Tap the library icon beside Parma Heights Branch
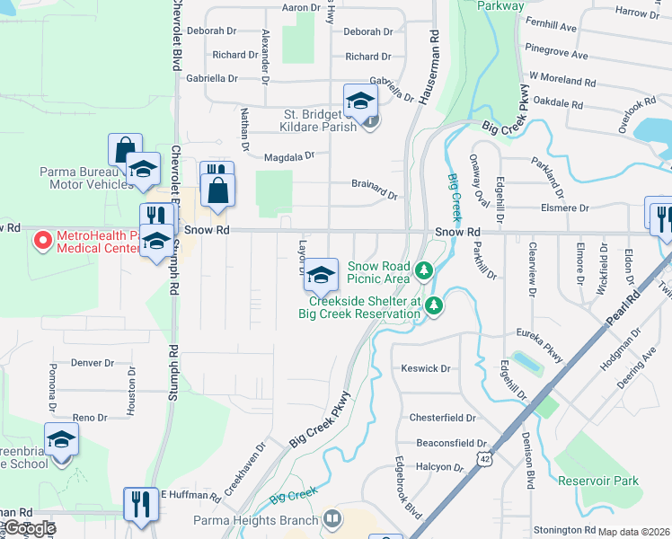[x=332, y=519]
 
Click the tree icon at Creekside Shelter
[x=434, y=306]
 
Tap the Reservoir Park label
[x=597, y=481]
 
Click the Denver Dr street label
[x=93, y=363]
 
